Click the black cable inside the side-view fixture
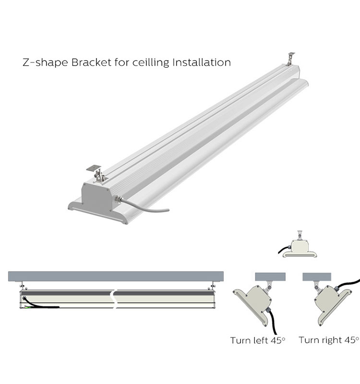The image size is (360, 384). point(43,305)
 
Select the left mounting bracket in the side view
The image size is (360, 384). point(21,286)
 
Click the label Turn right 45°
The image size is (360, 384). point(328,340)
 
